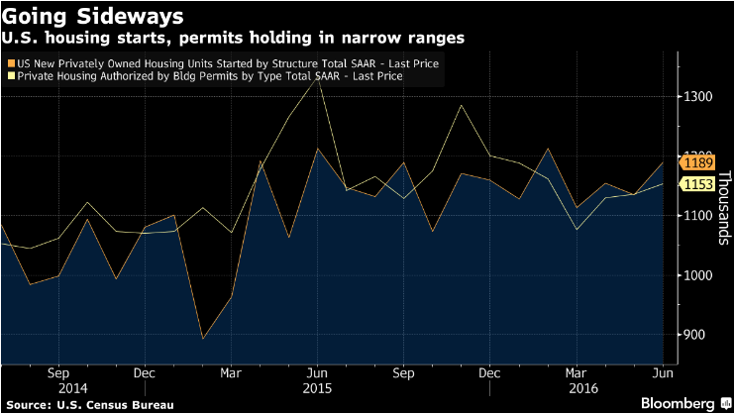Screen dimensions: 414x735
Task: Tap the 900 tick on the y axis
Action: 696,334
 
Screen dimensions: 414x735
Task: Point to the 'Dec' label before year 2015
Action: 143,373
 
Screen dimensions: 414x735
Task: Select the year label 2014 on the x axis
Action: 57,388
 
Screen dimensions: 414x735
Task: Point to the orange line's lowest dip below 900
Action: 203,339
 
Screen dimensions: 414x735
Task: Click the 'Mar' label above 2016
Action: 574,373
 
